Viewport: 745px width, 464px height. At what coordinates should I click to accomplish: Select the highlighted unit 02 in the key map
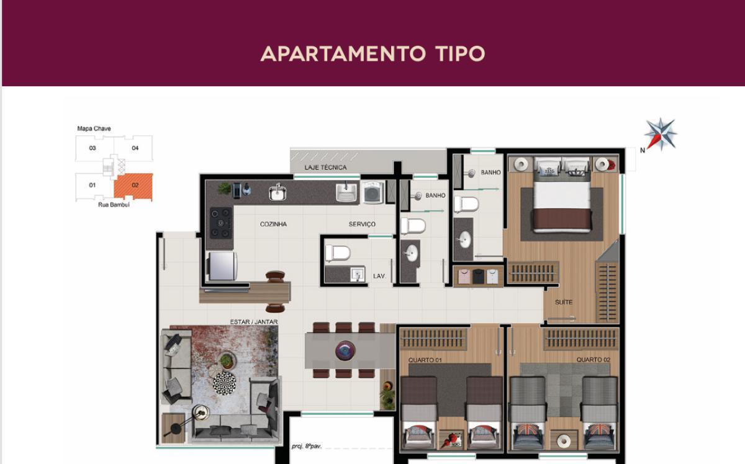(x=134, y=185)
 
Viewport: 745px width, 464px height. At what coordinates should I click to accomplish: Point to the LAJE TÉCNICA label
(x=325, y=167)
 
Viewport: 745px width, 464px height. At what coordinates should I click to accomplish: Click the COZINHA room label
(x=273, y=225)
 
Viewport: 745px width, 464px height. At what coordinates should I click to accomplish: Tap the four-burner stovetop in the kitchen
(x=220, y=223)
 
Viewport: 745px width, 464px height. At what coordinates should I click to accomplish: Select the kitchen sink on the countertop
(x=278, y=193)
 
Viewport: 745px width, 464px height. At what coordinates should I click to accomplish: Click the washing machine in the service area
(x=372, y=193)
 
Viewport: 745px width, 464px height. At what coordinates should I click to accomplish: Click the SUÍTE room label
(x=564, y=302)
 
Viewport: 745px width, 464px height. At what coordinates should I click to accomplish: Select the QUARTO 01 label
(x=425, y=360)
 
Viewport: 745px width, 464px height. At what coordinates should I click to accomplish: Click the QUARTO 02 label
(x=589, y=360)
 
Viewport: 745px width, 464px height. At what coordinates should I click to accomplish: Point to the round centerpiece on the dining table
(x=345, y=350)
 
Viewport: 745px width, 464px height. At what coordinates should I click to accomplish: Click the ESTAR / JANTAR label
(x=253, y=322)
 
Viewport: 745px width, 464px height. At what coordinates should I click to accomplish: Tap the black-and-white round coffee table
(x=224, y=382)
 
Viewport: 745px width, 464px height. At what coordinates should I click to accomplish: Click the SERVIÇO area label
(x=362, y=225)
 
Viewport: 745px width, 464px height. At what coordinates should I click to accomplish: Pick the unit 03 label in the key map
(x=93, y=148)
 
